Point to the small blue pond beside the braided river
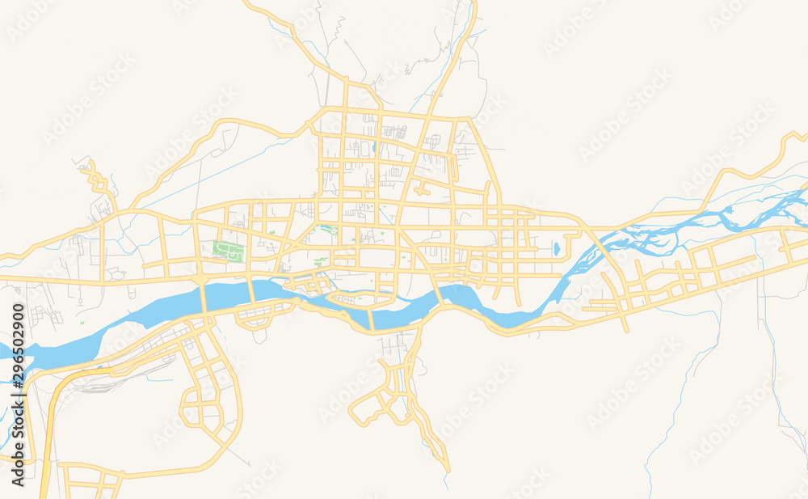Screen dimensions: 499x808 556,248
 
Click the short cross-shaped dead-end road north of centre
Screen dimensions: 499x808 421,190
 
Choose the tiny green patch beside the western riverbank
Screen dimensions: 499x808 82,323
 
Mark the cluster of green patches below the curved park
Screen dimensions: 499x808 321,261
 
